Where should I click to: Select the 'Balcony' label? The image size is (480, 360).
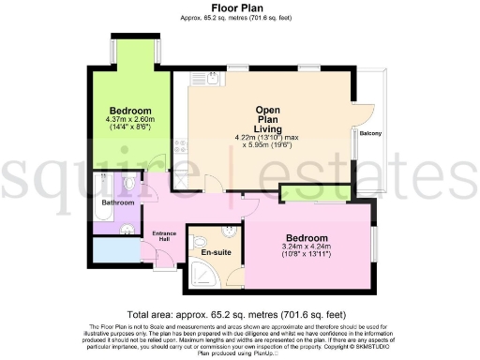[x=369, y=133]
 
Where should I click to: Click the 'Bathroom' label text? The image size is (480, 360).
[x=119, y=202]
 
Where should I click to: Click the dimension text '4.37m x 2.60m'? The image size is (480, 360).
[x=131, y=119]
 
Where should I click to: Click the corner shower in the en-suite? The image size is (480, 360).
[x=202, y=271]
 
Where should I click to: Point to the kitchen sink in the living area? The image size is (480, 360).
[x=212, y=82]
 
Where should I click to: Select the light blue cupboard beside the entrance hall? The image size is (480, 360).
[x=113, y=251]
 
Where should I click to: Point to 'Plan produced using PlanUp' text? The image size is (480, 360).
[x=238, y=353]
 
